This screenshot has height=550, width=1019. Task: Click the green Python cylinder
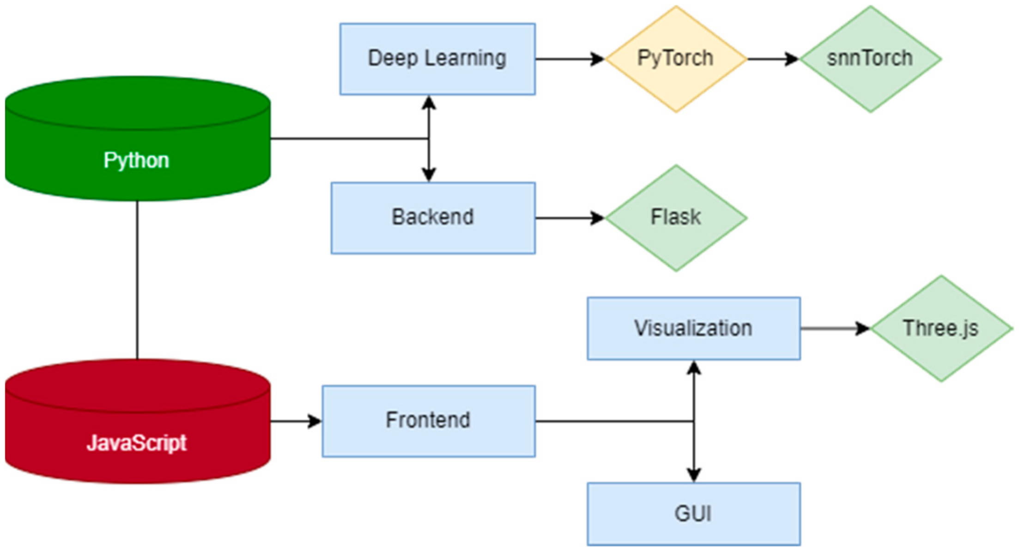point(138,139)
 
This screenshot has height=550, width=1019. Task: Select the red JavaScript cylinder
point(138,421)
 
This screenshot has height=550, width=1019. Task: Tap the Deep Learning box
point(437,59)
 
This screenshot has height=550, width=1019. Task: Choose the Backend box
point(433,218)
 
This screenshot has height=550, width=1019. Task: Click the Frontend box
point(429,421)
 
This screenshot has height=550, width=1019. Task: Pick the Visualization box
point(693,328)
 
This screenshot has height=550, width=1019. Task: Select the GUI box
point(693,514)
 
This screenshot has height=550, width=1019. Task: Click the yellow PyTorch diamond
point(676,59)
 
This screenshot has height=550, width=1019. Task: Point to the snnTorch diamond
point(870,59)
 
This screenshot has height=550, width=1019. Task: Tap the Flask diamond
point(676,218)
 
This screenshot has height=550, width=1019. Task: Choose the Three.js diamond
point(941,328)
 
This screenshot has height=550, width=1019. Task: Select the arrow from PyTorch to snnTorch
point(773,59)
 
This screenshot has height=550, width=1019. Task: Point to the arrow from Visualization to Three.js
point(835,328)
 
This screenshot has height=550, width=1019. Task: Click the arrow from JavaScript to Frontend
point(296,421)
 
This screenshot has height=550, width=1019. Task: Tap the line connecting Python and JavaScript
point(137,280)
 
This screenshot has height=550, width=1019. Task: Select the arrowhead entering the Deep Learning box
point(429,102)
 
